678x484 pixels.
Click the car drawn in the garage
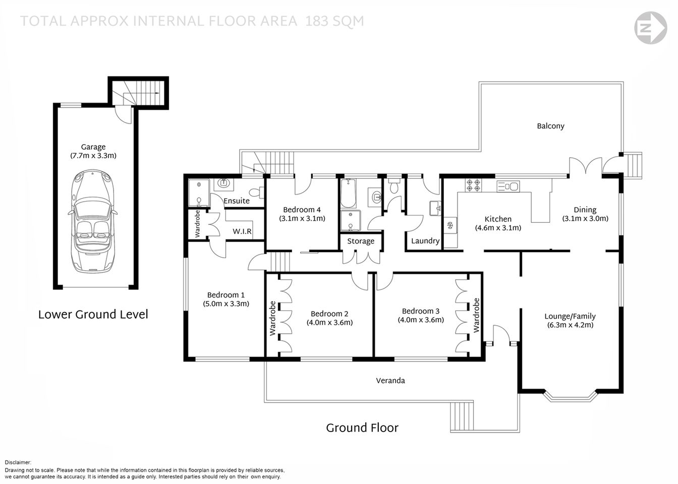[x=93, y=221]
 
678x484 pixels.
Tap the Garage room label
[x=93, y=147]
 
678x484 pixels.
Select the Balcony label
[x=550, y=126]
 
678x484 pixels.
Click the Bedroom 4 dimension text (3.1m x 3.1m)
[x=302, y=218]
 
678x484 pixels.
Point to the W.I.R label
[x=242, y=231]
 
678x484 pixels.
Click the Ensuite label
[x=236, y=201]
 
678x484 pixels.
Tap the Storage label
[x=360, y=241]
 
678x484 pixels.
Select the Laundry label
[x=425, y=241]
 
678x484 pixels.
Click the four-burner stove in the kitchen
[x=473, y=186]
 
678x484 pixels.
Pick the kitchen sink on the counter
[x=508, y=187]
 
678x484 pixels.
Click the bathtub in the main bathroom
[x=349, y=194]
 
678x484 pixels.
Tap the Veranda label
[x=390, y=381]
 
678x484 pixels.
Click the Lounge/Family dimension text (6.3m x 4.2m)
[x=570, y=325]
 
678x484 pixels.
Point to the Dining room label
[x=585, y=210]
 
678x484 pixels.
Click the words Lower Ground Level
[x=93, y=315]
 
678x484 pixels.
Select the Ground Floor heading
[x=362, y=428]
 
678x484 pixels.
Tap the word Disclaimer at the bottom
[x=18, y=462]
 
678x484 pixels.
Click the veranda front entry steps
[x=462, y=417]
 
